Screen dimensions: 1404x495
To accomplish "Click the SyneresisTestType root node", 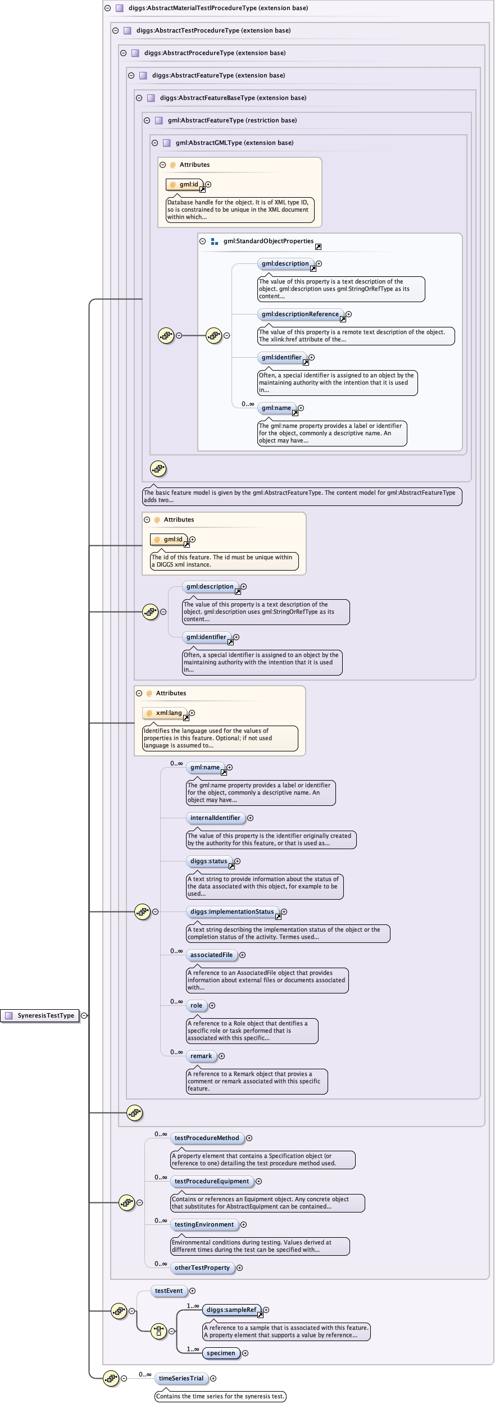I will coord(40,1015).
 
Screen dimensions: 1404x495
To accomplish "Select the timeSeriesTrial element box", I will coord(181,1378).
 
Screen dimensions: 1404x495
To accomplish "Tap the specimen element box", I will coord(221,1353).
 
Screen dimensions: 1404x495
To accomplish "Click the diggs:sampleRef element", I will coord(231,1310).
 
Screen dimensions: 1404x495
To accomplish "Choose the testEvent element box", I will coord(169,1291).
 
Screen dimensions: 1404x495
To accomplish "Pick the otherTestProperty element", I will coord(202,1268).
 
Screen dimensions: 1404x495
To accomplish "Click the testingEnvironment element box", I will coord(204,1224).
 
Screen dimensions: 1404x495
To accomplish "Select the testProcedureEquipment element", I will coord(212,1181).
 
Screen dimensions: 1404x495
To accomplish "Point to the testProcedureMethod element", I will coord(207,1138).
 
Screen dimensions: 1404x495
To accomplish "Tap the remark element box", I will coord(201,1056).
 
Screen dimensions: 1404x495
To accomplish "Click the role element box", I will coord(196,1005).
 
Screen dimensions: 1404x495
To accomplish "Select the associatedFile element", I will coord(211,955).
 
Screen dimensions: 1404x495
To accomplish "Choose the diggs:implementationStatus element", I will coord(232,911).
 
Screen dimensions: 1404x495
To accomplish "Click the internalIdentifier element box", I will coord(215,818).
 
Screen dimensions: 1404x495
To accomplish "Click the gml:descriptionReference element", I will coord(300,314).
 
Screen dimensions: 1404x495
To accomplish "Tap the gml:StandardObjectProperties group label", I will coord(268,241).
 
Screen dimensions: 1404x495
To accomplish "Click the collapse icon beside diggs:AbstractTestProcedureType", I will coord(116,30).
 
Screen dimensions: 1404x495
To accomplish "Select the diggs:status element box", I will coord(209,861).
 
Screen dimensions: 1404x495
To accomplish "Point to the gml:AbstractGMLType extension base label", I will coord(234,143).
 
